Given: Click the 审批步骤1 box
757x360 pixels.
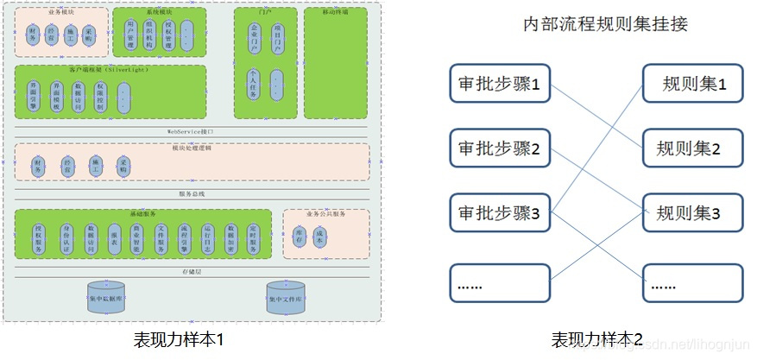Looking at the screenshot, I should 500,85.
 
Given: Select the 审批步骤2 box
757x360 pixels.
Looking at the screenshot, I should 500,148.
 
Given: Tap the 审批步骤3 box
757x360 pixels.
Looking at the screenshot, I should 500,213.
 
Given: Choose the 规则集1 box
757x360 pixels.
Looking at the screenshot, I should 693,85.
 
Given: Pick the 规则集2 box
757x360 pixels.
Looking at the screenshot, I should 693,148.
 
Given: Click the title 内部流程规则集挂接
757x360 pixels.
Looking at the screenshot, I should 605,23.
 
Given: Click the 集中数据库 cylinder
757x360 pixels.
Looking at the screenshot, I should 105,298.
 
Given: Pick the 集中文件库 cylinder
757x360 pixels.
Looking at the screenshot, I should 285,298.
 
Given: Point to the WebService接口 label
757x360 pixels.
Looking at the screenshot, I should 191,131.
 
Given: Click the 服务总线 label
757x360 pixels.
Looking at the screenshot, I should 192,194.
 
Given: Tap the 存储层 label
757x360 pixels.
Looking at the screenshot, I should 192,270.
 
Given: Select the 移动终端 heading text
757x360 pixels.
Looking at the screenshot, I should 335,13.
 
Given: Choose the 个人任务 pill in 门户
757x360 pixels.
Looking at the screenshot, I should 253,85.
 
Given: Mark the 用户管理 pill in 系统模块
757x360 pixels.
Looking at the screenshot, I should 130,35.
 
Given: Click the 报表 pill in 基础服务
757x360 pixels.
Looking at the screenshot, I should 114,238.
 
